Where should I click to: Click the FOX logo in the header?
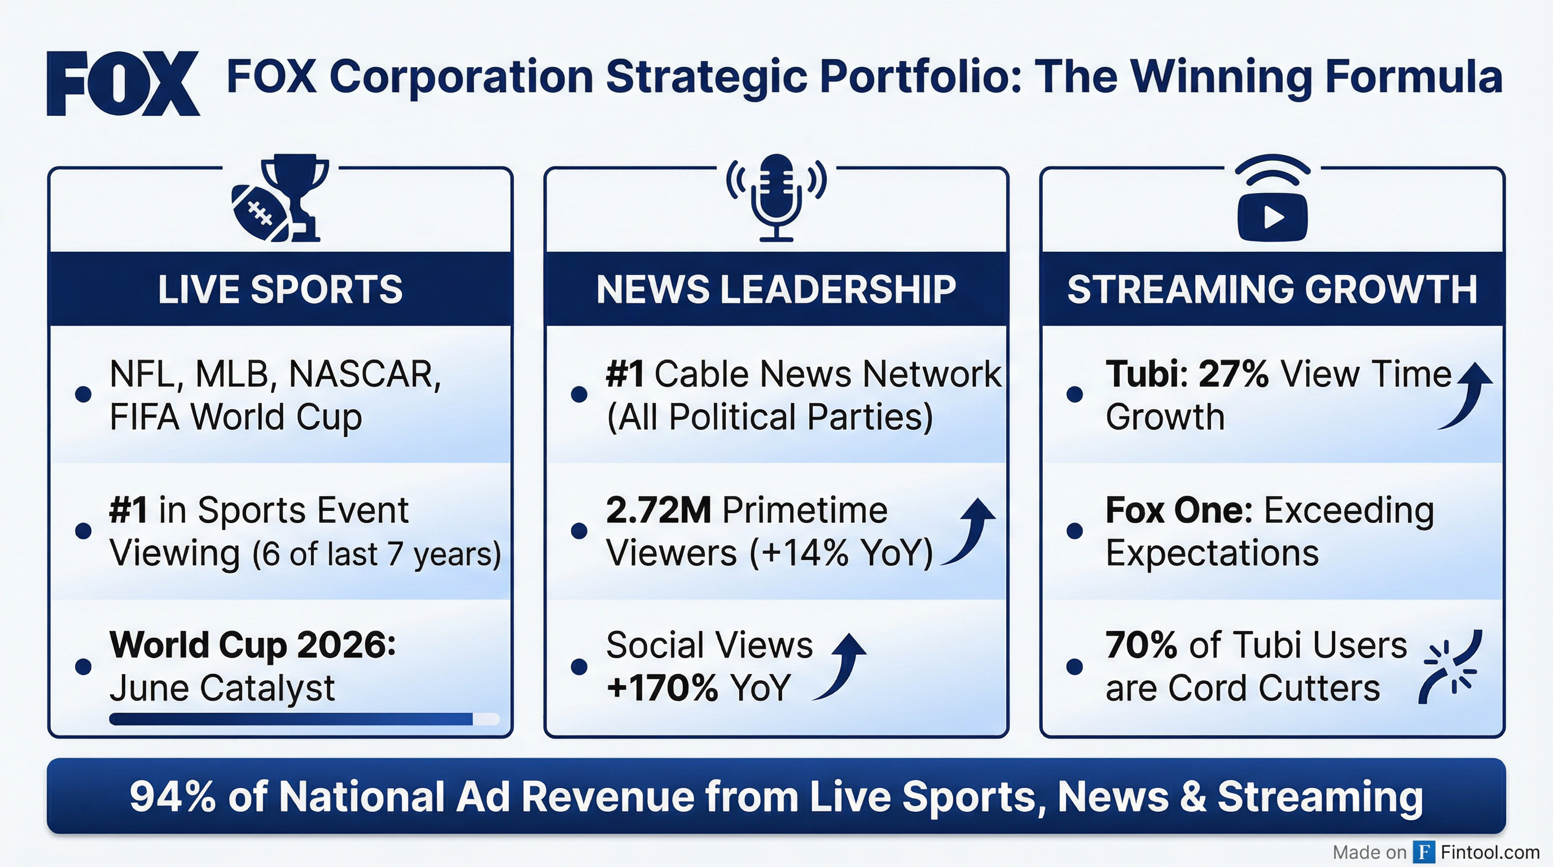[123, 83]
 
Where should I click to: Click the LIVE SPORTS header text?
[280, 290]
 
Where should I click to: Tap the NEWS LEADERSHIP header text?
[776, 290]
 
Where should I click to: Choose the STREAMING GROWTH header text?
[1272, 290]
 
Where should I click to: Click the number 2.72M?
[659, 510]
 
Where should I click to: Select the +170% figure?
[662, 688]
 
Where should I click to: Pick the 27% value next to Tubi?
[1234, 374]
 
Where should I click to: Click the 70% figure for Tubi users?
[1141, 645]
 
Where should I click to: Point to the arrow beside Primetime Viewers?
[971, 531]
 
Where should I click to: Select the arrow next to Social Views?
[841, 666]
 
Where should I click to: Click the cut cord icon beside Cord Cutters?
[1450, 667]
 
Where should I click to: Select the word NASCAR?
[365, 374]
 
